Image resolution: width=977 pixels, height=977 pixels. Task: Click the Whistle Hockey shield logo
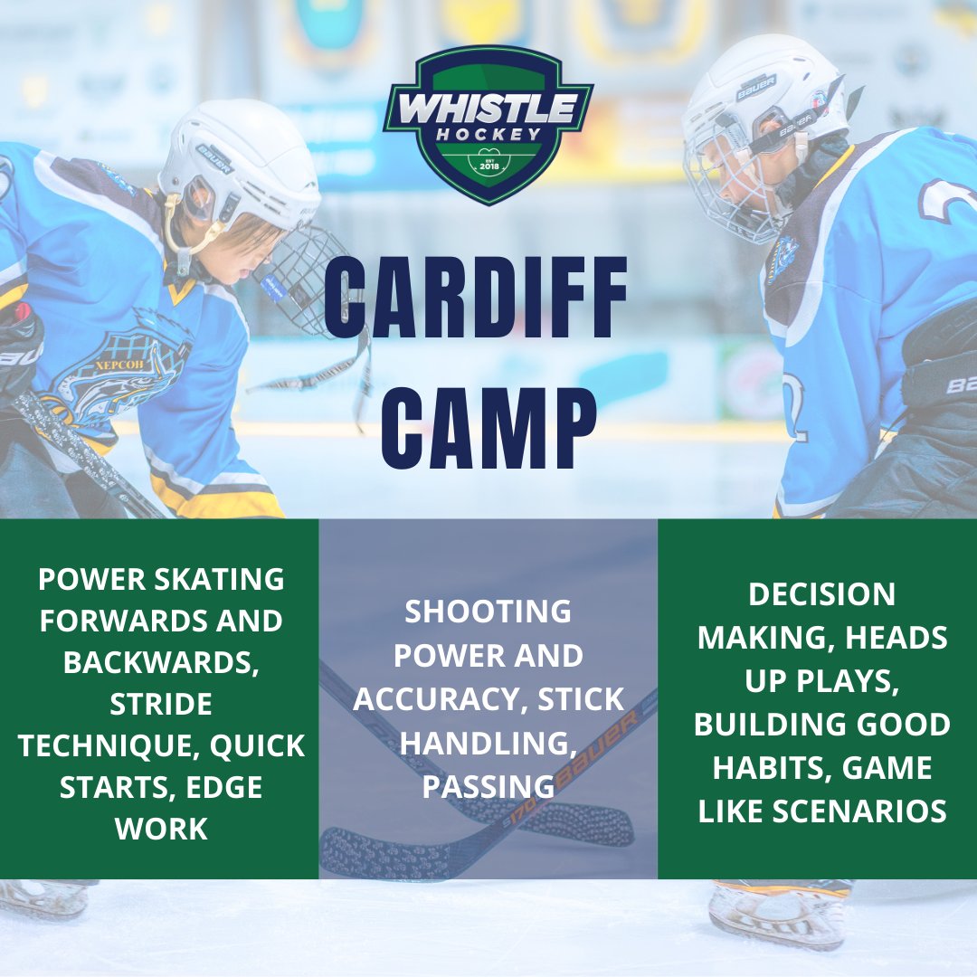coord(488,124)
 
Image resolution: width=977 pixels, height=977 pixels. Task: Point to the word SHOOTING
coord(488,612)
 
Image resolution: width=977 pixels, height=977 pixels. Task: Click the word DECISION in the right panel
coord(822,593)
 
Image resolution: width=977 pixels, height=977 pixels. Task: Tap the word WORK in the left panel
coord(161,829)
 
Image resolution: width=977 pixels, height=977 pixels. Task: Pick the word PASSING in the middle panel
coord(488,787)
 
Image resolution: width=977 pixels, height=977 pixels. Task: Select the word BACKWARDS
coord(162,662)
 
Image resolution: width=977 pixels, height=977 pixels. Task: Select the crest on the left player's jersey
coord(118,371)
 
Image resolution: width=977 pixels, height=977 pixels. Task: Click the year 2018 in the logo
coord(488,166)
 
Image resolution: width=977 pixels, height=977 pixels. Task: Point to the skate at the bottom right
coord(778,914)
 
